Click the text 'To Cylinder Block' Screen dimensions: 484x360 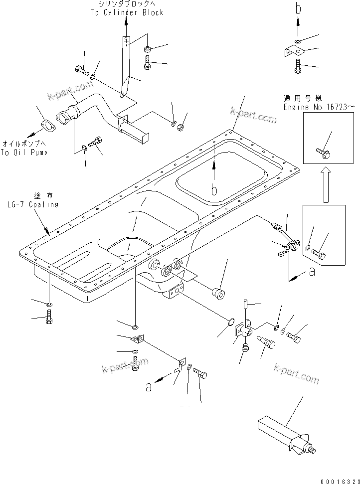point(127,12)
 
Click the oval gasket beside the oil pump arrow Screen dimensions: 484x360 point(48,125)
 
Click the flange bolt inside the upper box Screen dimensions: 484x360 point(323,152)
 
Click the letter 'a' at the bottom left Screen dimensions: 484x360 point(148,387)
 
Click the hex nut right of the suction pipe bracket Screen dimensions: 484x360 point(181,128)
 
